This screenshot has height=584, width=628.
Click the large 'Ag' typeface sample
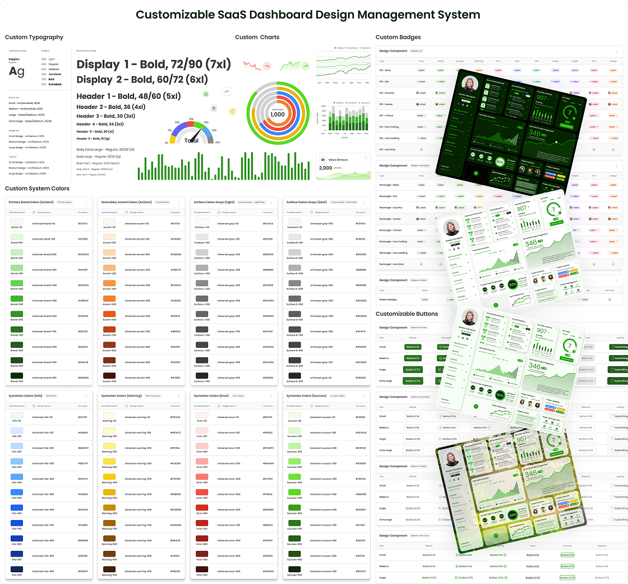[17, 71]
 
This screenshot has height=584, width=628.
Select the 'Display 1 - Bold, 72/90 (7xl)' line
[154, 65]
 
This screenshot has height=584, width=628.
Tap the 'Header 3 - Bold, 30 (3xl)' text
[105, 116]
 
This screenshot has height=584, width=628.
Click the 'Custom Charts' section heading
[257, 38]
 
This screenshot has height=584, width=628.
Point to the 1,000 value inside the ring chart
[278, 114]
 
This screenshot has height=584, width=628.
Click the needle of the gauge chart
[194, 136]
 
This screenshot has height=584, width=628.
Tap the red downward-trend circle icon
[267, 66]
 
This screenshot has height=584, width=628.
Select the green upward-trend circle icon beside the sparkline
[306, 66]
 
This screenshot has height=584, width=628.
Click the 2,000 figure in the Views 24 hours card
[325, 168]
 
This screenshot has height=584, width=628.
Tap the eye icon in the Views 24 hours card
[323, 159]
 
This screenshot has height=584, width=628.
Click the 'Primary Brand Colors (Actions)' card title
[31, 202]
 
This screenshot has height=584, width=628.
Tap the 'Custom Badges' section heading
[398, 38]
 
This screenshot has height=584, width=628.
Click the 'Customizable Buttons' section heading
[407, 314]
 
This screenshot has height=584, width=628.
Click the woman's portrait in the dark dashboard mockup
[468, 84]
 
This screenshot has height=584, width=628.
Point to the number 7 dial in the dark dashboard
[570, 112]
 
